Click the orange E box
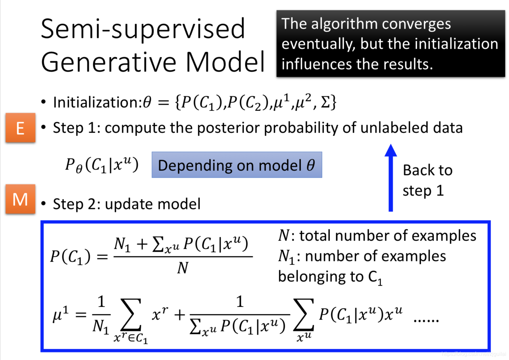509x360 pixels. click(x=20, y=128)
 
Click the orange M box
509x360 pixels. click(x=20, y=199)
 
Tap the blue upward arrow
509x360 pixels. click(x=390, y=178)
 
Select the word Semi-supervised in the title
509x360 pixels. click(x=143, y=29)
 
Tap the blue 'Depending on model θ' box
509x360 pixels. click(x=237, y=165)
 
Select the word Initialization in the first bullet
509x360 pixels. click(x=97, y=102)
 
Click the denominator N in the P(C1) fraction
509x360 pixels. click(x=183, y=268)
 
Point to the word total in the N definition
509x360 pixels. click(x=315, y=236)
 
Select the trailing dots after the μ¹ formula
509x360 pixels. click(x=426, y=319)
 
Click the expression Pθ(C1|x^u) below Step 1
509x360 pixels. click(x=102, y=165)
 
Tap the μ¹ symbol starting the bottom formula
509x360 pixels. click(x=61, y=314)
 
